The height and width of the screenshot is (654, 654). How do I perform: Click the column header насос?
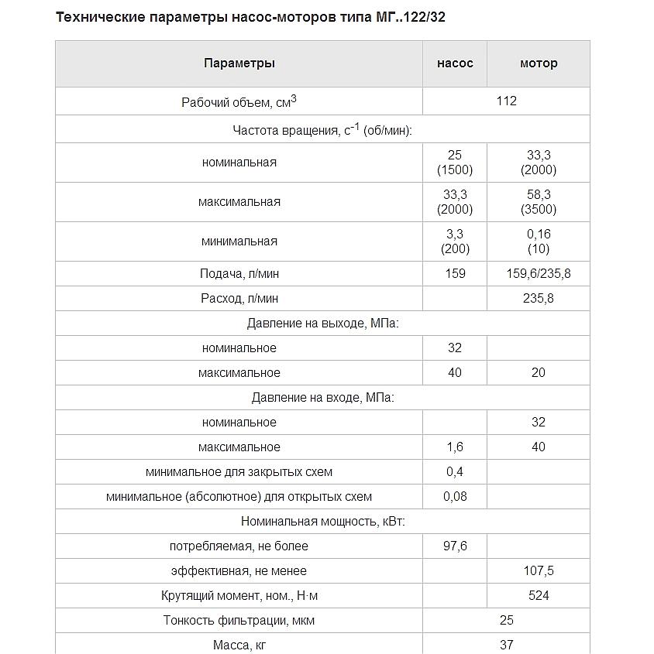[x=455, y=63]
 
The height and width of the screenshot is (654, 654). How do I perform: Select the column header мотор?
[x=539, y=63]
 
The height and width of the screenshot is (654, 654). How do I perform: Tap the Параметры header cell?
[x=239, y=63]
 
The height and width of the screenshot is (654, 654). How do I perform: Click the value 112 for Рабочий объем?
[x=506, y=101]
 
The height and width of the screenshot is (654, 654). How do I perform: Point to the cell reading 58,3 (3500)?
[x=539, y=202]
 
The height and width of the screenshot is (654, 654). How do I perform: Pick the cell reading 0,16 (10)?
[x=539, y=241]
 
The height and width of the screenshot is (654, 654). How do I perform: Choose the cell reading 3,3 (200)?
[x=455, y=241]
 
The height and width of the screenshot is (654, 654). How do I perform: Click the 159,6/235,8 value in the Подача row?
[x=539, y=273]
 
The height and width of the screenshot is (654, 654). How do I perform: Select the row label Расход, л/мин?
[x=239, y=299]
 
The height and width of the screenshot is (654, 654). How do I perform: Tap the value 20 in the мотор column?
[x=539, y=372]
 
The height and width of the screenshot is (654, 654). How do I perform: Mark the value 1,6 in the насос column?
[x=455, y=447]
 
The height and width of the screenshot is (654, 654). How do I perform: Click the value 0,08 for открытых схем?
[x=455, y=496]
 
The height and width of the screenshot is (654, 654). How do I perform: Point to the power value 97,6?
[x=455, y=546]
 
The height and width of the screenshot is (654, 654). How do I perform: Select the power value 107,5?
[x=539, y=570]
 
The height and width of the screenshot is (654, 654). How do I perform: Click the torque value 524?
[x=539, y=595]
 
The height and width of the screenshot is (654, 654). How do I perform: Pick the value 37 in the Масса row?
[x=506, y=644]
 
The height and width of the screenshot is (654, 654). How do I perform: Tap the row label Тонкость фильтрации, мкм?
[x=239, y=620]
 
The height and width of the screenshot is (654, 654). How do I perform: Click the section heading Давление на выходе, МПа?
[x=322, y=324]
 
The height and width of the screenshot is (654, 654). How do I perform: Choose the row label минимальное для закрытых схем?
[x=239, y=471]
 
